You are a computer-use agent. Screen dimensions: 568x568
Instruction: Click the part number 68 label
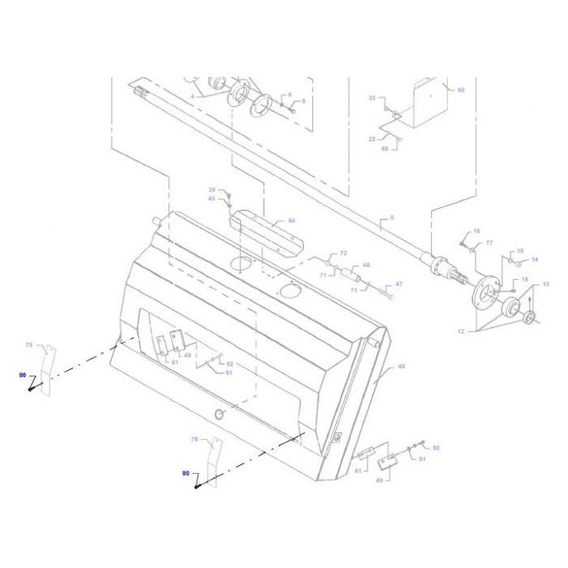(x=461, y=91)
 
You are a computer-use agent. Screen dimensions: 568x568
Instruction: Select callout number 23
(x=372, y=98)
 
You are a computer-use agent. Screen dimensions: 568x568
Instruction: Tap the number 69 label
(x=385, y=148)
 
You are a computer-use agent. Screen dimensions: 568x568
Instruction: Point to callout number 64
(x=292, y=221)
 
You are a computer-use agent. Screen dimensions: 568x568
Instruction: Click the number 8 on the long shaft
(x=391, y=218)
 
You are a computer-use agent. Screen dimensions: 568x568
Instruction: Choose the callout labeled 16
(x=477, y=231)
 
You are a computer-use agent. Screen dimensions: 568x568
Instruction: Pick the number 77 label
(x=489, y=243)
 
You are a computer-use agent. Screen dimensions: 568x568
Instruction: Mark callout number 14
(x=535, y=260)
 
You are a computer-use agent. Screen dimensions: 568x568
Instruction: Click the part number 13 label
(x=545, y=284)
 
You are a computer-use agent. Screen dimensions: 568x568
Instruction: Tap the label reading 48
(x=366, y=265)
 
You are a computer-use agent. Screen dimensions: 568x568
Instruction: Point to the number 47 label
(x=398, y=284)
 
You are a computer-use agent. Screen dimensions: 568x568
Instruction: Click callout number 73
(x=343, y=254)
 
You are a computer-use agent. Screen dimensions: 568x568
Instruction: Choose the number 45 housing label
(x=401, y=367)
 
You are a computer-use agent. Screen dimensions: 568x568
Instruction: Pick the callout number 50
(x=436, y=448)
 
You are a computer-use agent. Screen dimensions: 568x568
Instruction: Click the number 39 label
(x=212, y=189)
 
